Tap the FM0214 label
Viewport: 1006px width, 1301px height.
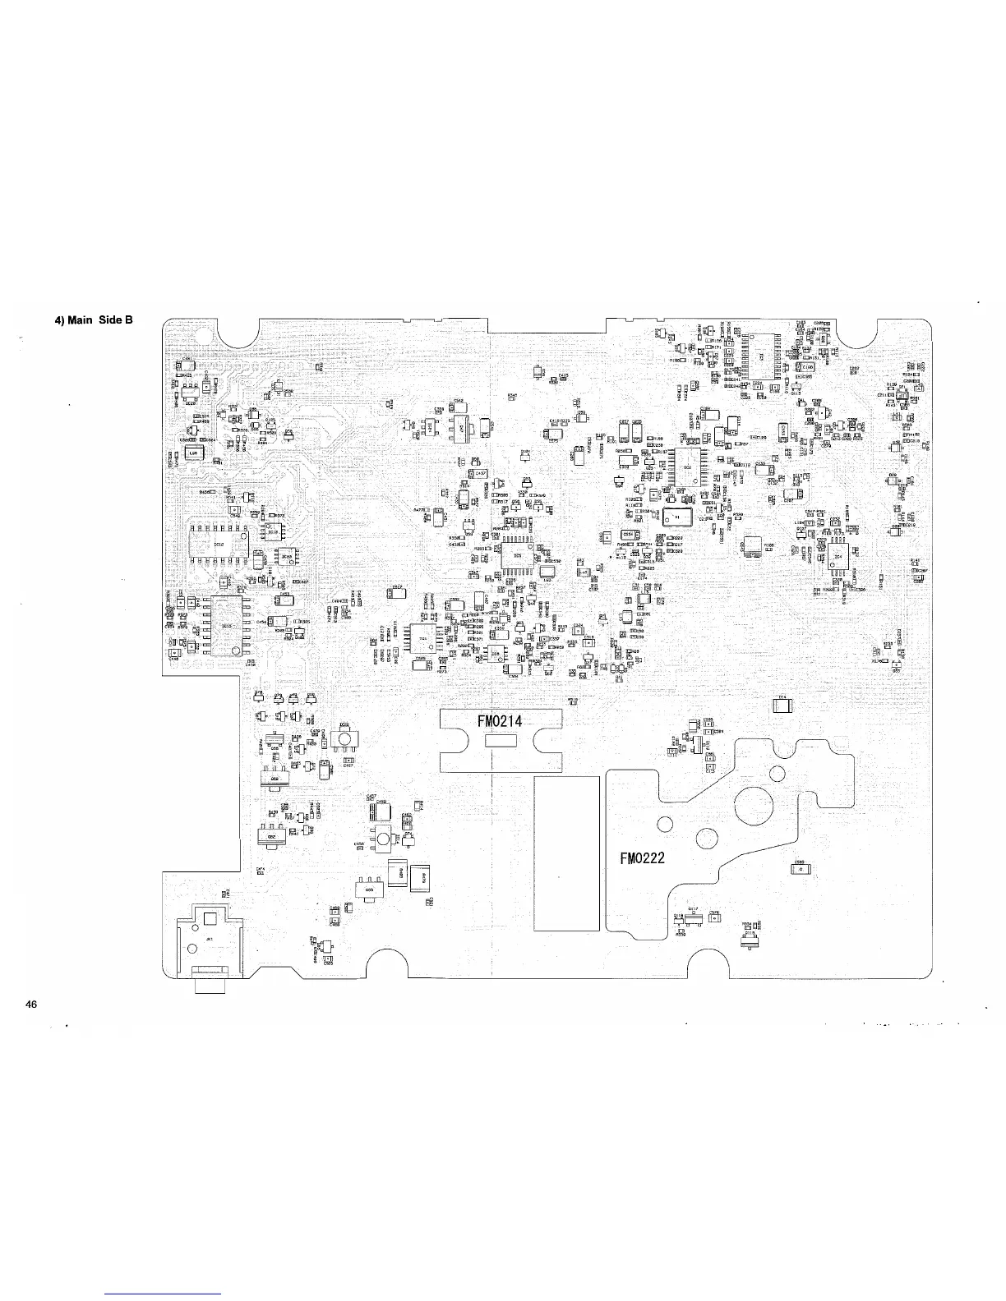[x=500, y=722]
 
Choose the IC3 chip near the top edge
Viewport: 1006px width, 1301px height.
[x=762, y=356]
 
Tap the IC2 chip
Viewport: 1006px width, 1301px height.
[x=688, y=467]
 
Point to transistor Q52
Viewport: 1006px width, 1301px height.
[x=274, y=777]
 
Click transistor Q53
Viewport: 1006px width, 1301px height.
[x=369, y=890]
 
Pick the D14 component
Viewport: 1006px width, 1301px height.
[x=782, y=704]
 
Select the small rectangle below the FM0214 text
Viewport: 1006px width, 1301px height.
[x=500, y=741]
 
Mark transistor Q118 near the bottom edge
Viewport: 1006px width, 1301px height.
[x=679, y=925]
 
